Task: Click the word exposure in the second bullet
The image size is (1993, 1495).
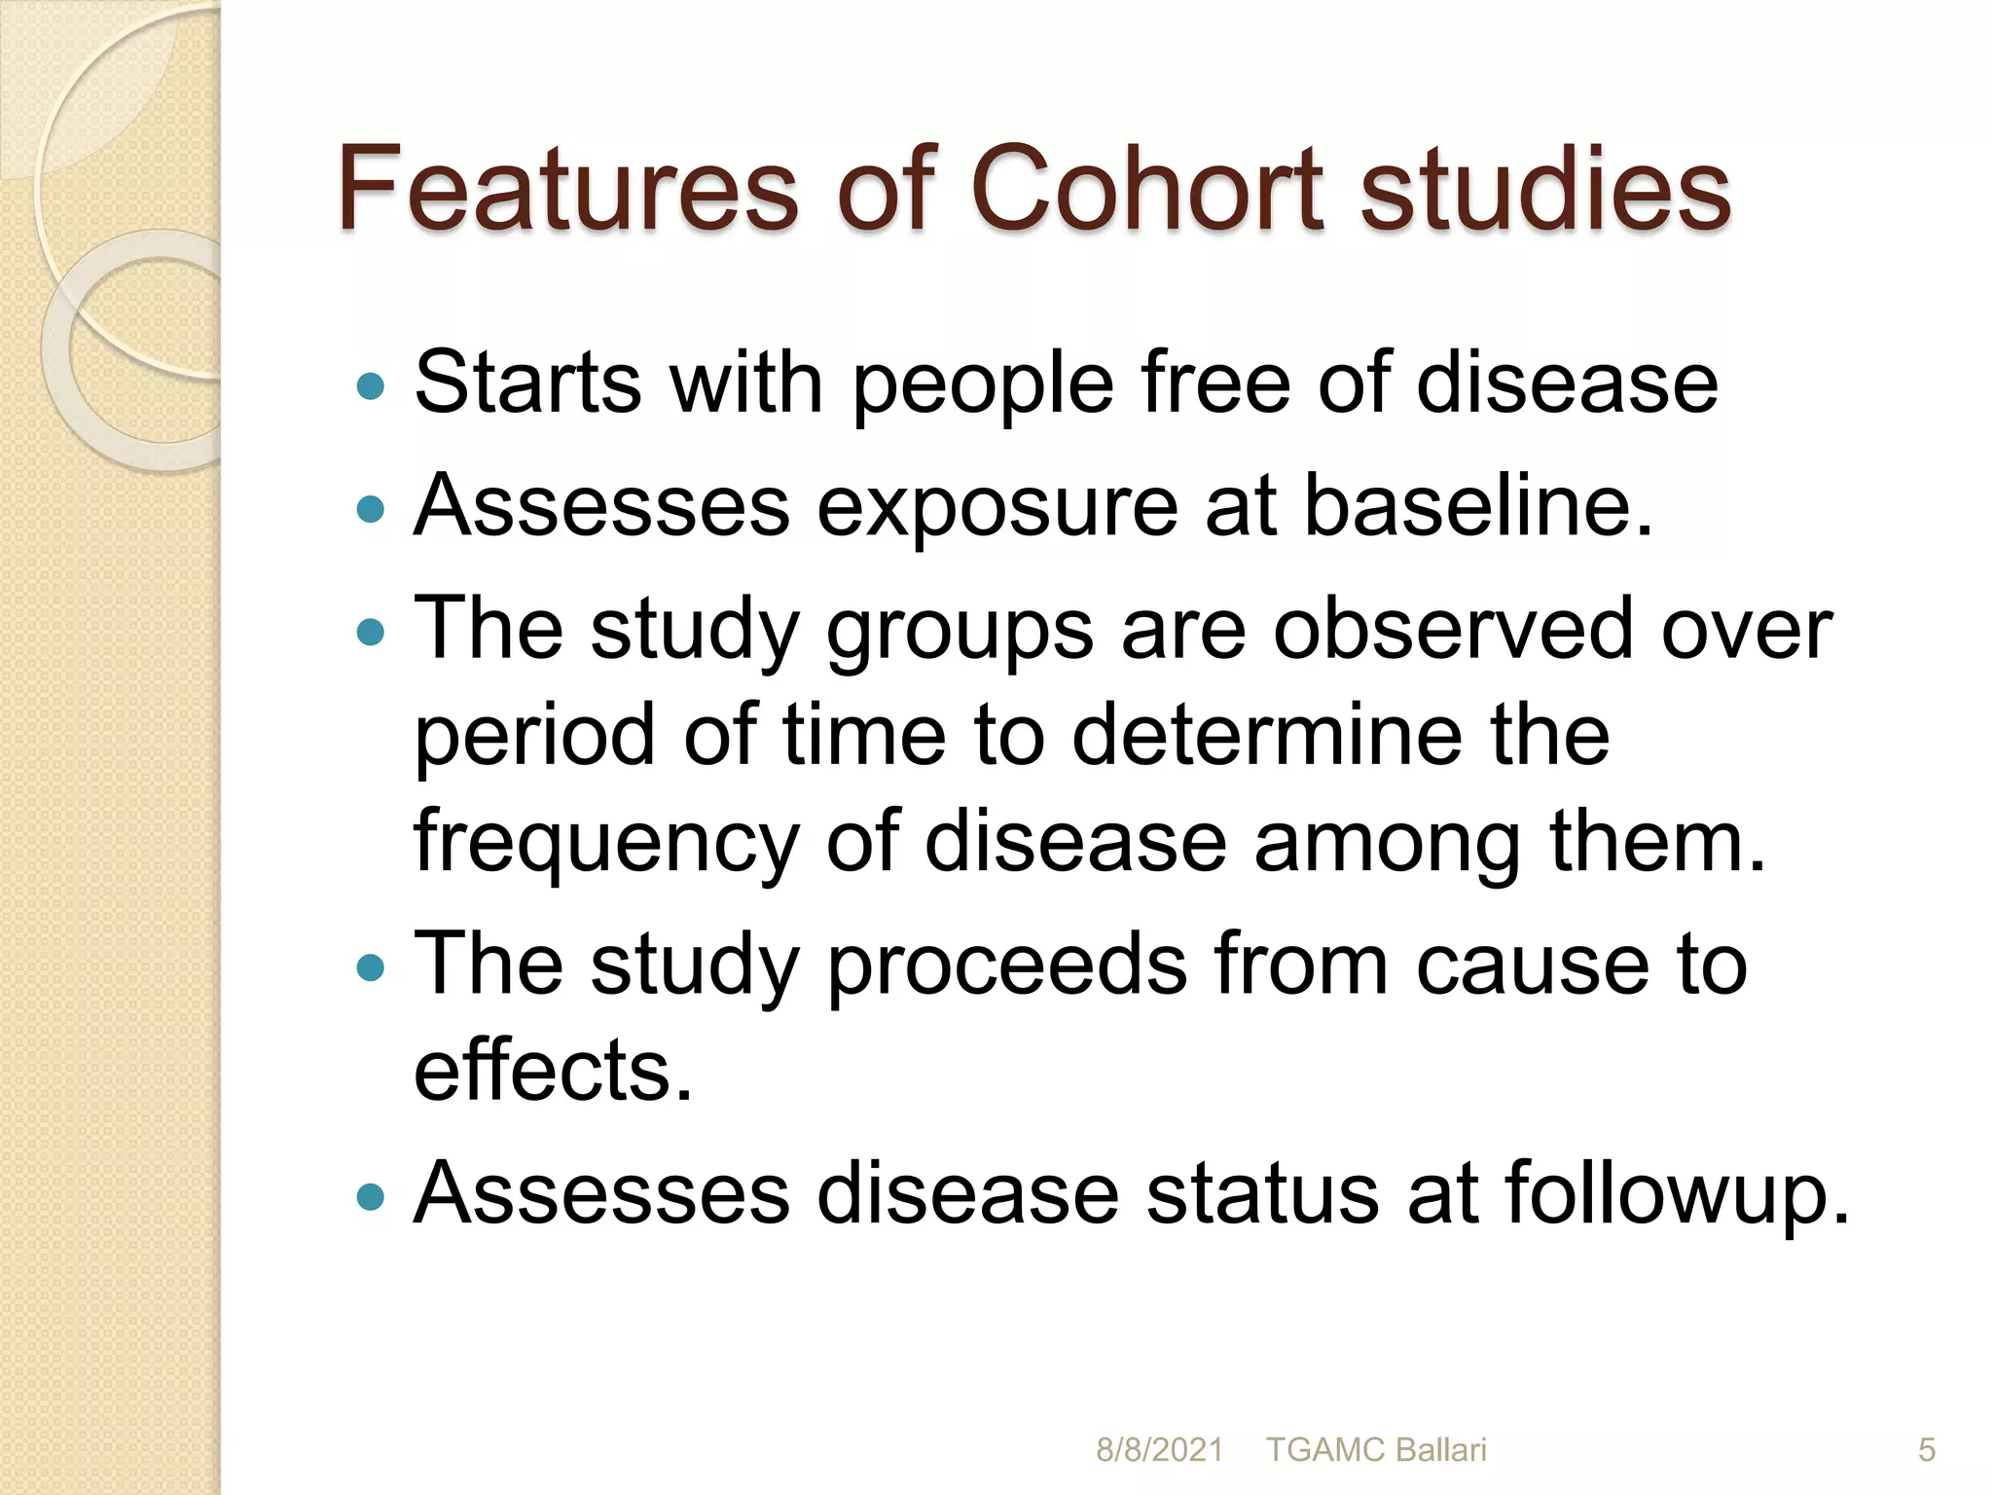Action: point(996,506)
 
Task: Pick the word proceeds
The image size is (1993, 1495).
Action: point(1007,965)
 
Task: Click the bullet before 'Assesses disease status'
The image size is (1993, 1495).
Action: point(371,1196)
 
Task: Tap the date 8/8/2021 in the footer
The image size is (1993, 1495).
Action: point(1158,1450)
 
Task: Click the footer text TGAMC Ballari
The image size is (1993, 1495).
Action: point(1376,1450)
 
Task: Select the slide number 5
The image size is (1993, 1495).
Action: point(1926,1450)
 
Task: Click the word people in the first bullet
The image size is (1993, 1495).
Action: point(983,385)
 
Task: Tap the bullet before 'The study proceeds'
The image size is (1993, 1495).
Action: point(371,967)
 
